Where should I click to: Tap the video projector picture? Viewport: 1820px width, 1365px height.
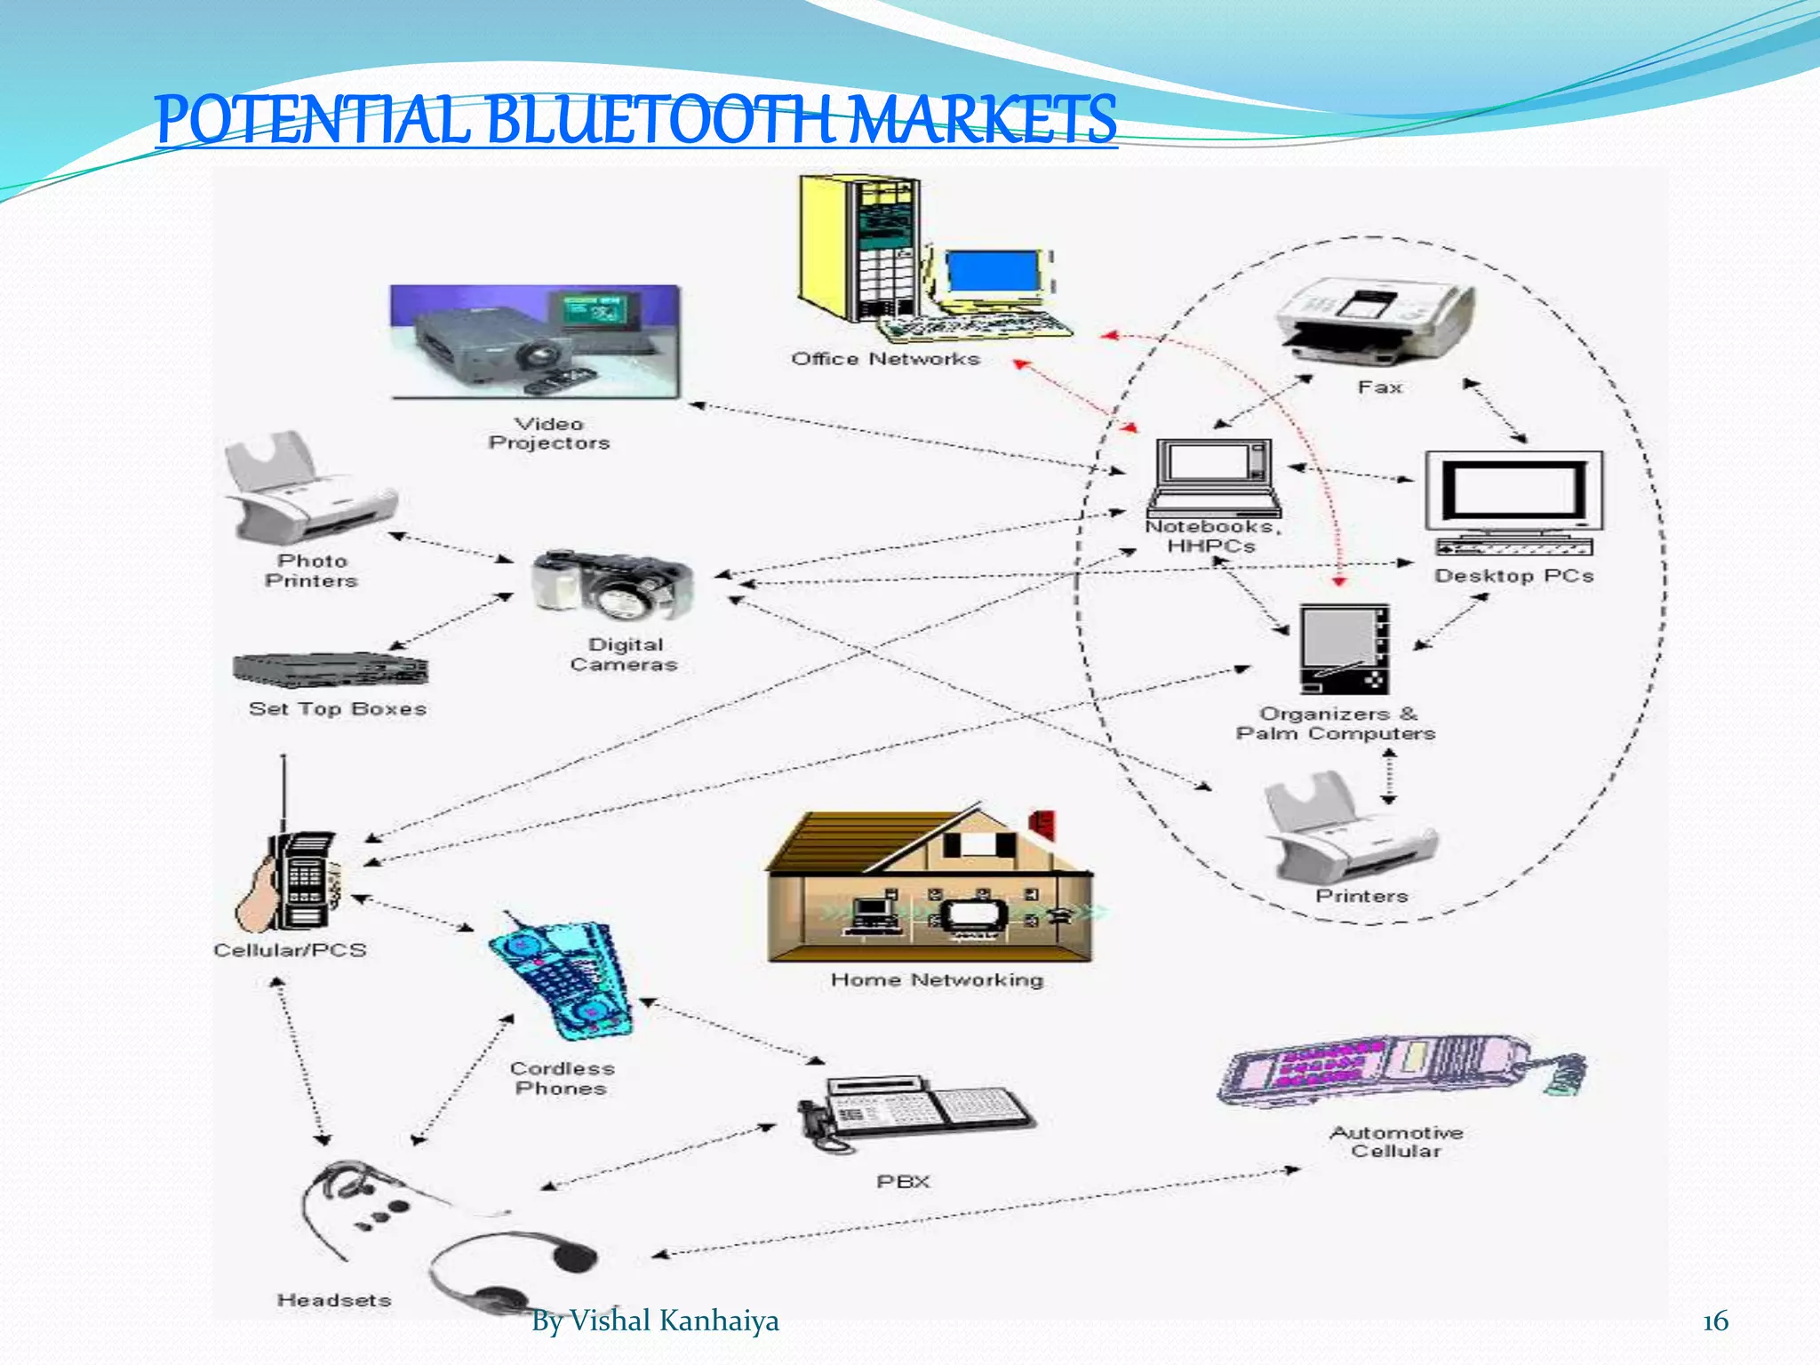click(x=534, y=342)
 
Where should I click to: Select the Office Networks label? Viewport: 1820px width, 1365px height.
click(x=885, y=359)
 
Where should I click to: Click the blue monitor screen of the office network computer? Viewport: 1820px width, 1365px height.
click(x=992, y=271)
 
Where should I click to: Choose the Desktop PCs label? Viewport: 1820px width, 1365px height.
click(x=1513, y=576)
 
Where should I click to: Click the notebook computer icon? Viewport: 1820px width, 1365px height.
click(x=1214, y=478)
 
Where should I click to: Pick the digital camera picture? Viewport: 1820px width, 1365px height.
click(x=612, y=586)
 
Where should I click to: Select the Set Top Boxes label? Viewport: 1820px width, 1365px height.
click(x=338, y=709)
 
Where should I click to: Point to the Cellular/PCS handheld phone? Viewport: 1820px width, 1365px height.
click(x=293, y=875)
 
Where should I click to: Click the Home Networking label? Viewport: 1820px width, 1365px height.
click(x=938, y=980)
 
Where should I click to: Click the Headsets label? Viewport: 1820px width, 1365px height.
click(x=334, y=1300)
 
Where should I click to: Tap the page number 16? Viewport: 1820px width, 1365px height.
click(x=1715, y=1321)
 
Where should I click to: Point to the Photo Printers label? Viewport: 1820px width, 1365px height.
click(x=311, y=571)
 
